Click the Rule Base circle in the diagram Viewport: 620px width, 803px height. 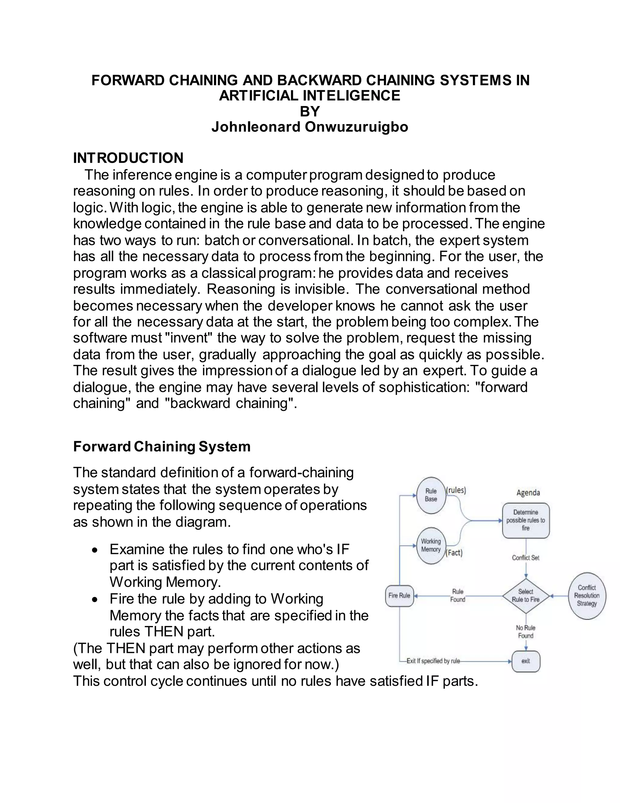(431, 495)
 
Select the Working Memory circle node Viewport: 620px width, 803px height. (431, 546)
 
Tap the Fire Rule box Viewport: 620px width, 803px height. (399, 596)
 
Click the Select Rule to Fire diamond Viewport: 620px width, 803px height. (526, 596)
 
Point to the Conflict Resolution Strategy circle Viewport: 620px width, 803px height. (587, 596)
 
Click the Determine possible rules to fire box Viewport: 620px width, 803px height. (526, 520)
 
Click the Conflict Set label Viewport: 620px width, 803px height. (526, 558)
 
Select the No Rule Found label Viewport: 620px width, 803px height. (526, 632)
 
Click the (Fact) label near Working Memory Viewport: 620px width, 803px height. (454, 553)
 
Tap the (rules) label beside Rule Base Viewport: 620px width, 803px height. (456, 490)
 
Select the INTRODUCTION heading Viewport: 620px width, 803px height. (128, 158)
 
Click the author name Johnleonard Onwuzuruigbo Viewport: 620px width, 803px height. (310, 127)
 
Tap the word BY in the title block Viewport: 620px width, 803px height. (310, 112)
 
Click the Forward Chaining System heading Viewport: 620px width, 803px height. (162, 446)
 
